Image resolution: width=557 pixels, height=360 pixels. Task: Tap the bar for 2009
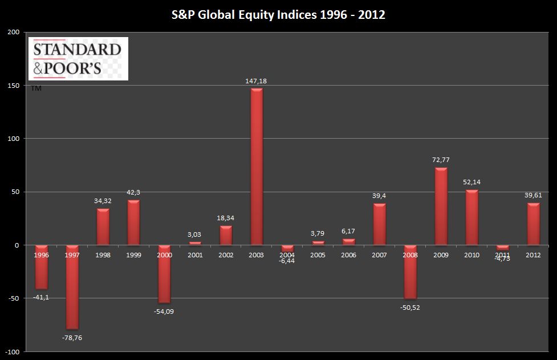441,206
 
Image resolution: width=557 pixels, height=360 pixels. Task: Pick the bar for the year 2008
410,272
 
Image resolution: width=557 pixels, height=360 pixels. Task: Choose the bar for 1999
133,222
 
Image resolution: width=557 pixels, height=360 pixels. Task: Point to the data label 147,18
257,81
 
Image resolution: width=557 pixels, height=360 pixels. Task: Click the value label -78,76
72,338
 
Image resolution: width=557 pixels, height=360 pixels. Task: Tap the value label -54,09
164,311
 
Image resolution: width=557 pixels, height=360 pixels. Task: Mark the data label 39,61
534,195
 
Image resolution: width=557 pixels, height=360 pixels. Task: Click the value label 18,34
226,218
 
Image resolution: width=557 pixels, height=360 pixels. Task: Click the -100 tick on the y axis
13,352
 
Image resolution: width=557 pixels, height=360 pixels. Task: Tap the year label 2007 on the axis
380,255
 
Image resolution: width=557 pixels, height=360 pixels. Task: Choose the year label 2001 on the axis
195,255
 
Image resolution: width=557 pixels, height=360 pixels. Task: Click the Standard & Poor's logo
78,59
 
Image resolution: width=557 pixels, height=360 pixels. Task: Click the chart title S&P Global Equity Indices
278,14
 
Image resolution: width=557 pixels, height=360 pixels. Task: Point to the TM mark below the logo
36,88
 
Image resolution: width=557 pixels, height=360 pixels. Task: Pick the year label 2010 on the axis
472,255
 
